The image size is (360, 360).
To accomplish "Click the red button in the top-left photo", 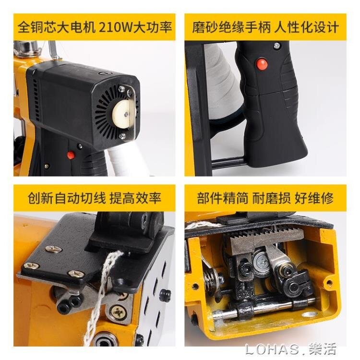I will pyautogui.click(x=71, y=155).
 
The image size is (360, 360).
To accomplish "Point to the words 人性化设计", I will pyautogui.click(x=305, y=27).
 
